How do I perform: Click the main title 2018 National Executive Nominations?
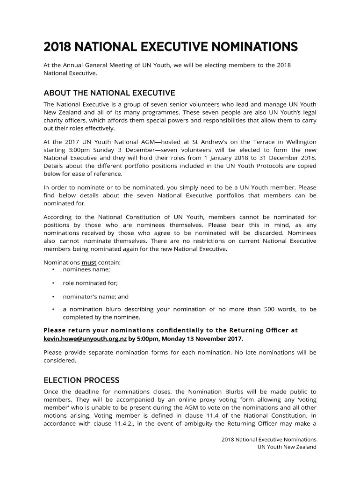(171, 47)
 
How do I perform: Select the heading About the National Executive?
(109, 93)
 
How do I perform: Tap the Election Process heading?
(81, 380)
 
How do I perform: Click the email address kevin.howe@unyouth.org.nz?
(85, 339)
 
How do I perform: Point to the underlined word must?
(89, 262)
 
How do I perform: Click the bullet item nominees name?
(86, 269)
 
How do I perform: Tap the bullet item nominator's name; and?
(95, 297)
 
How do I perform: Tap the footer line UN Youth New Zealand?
(287, 447)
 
